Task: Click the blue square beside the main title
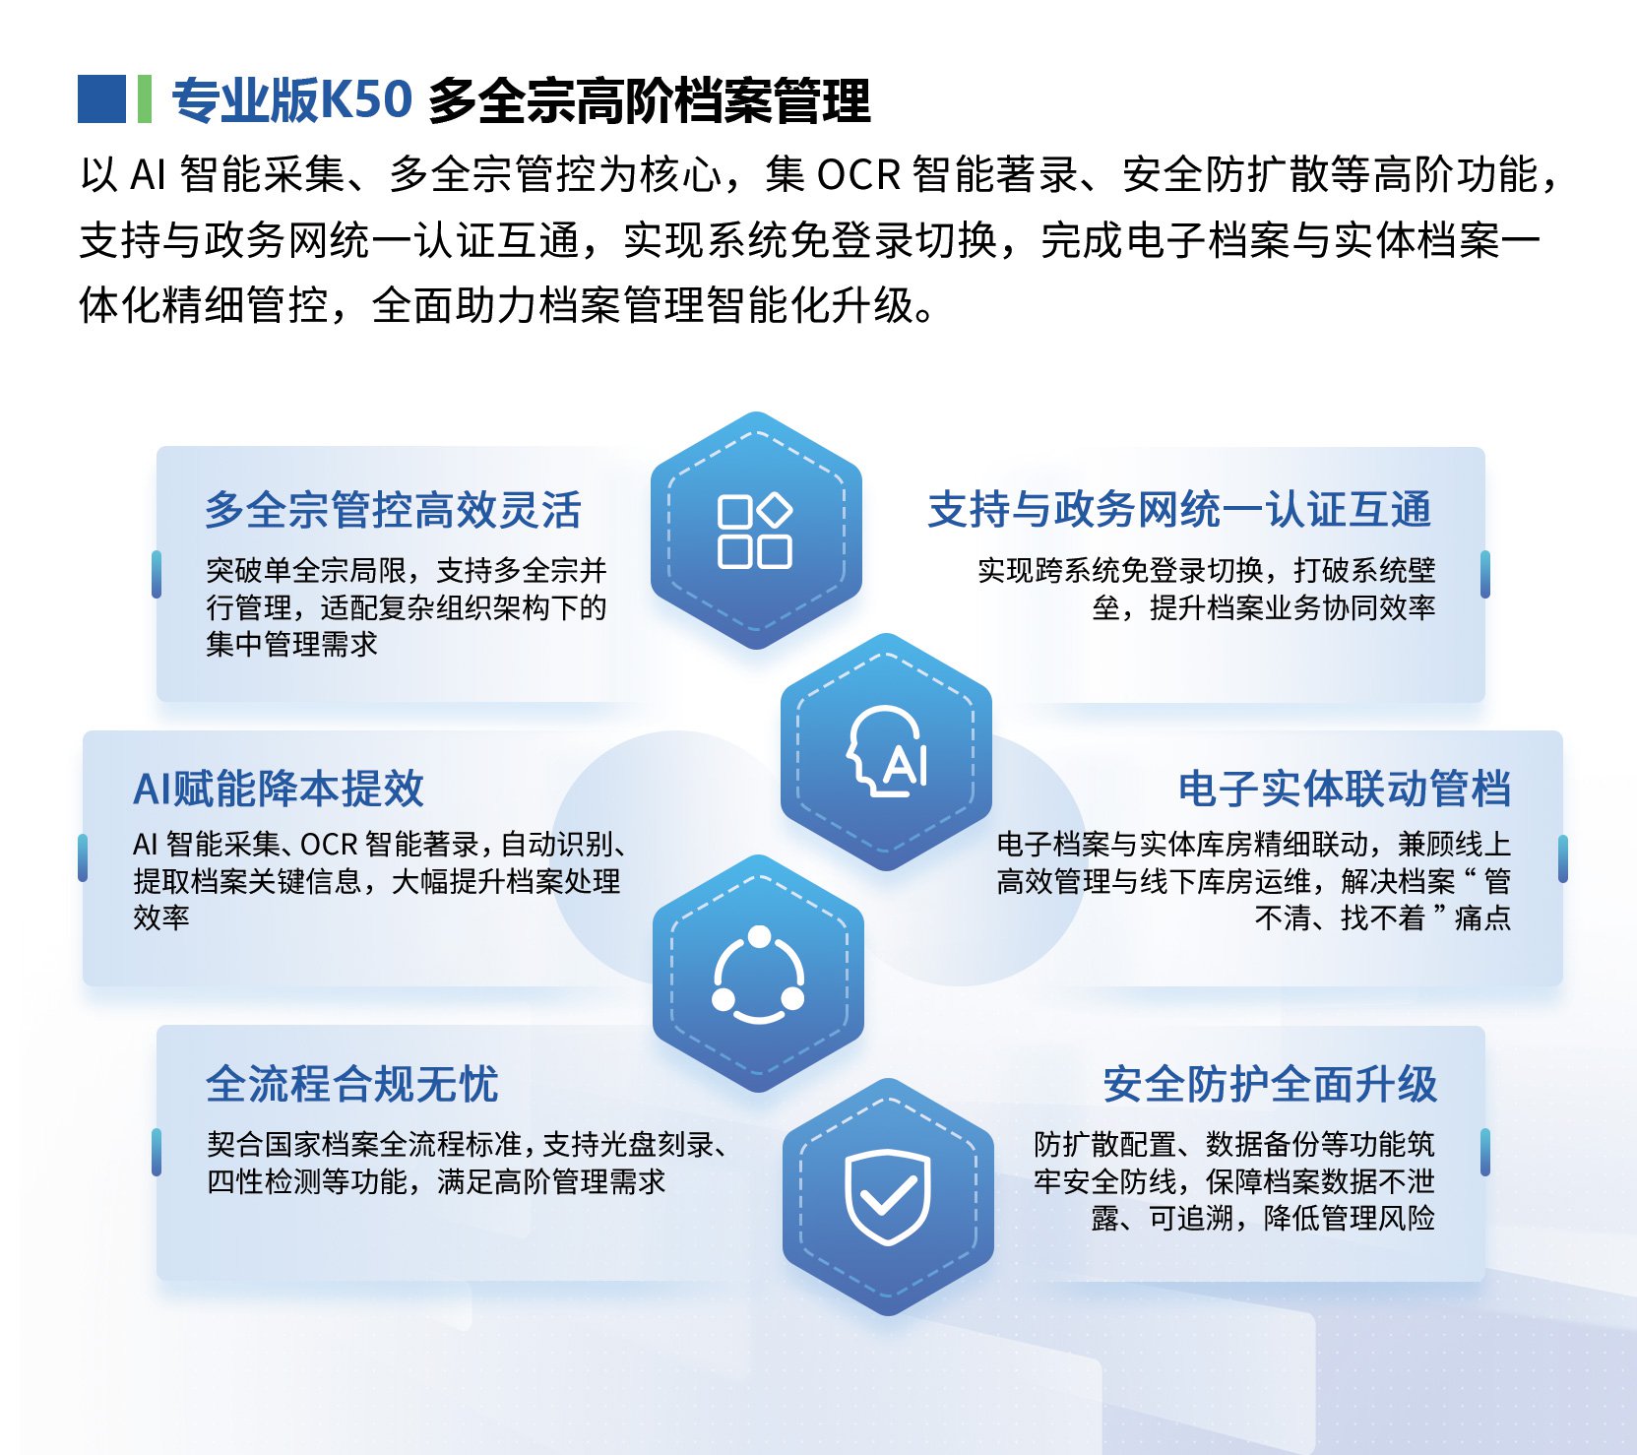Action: pos(101,99)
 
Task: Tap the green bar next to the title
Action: pos(145,99)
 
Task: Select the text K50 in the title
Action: pos(367,99)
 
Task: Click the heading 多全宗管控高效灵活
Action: pos(393,510)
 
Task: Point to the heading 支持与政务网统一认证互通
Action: pos(1180,510)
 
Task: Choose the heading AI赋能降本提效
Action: pos(279,789)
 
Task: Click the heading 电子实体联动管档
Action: pos(1345,789)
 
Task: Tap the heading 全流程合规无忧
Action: pos(352,1084)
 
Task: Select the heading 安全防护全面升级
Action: pos(1270,1084)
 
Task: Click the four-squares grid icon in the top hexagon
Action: pos(755,531)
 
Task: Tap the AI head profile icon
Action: pos(887,751)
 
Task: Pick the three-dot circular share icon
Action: pos(758,975)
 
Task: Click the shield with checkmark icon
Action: pos(888,1196)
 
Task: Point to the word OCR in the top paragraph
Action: pos(858,174)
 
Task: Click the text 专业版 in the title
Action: pos(246,99)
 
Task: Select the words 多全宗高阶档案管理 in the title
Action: pos(650,99)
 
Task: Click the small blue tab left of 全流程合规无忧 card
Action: pos(157,1152)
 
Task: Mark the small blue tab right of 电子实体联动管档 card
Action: pos(1563,858)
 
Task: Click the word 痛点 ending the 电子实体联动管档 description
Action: pos(1482,918)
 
